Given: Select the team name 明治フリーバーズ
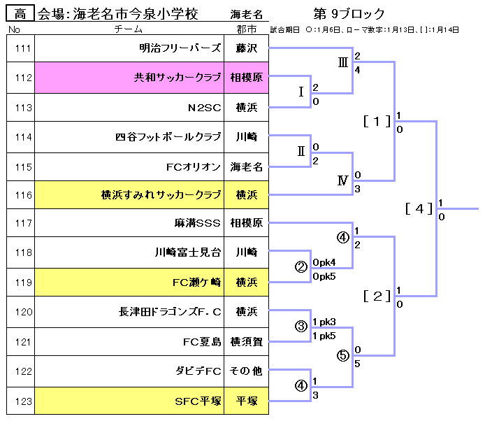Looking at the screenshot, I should (x=180, y=48).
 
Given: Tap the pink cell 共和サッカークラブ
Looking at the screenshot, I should (x=177, y=78).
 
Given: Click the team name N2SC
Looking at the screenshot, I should (x=204, y=108).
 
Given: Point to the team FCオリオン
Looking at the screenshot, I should (x=194, y=167).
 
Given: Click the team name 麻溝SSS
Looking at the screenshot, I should (x=198, y=224).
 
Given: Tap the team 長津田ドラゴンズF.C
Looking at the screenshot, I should (x=170, y=312).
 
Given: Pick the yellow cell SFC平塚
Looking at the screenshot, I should (x=198, y=401).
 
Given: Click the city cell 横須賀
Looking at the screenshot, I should (x=246, y=342).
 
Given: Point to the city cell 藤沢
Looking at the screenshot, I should (x=246, y=48).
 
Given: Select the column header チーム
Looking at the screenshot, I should (x=129, y=29).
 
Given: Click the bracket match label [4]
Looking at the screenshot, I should (x=419, y=208).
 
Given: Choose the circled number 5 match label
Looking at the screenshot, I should (x=342, y=355).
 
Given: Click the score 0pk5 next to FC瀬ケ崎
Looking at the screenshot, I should (x=324, y=276).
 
